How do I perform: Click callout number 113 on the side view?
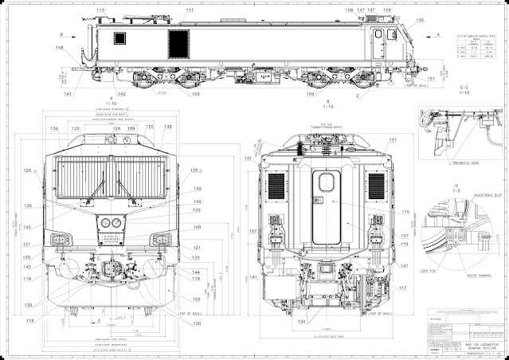pos(100,10)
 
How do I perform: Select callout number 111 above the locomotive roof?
pos(190,10)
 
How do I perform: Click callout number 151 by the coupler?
pos(432,79)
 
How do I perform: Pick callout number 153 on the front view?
pos(196,299)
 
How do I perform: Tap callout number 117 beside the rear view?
pos(403,288)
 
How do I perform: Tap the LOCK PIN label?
pos(428,271)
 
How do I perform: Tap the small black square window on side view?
pos(121,37)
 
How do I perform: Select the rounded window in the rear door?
pos(324,182)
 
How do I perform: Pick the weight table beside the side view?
pos(479,47)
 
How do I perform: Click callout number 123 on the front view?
pos(196,210)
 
